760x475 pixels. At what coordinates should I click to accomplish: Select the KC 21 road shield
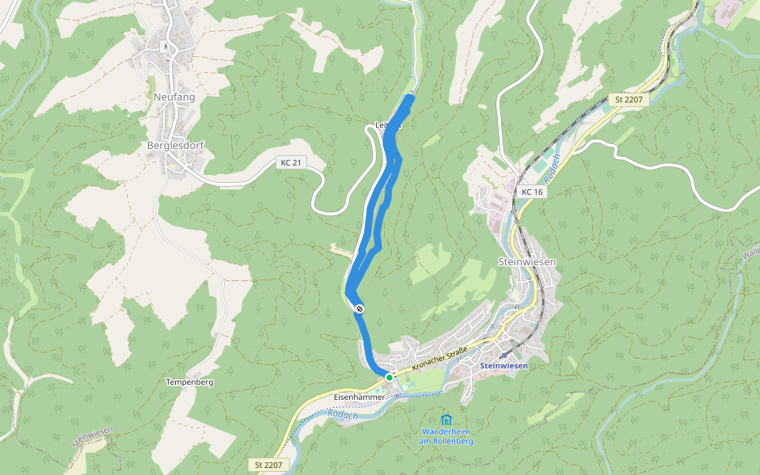coord(291,162)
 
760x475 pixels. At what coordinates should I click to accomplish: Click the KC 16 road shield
coord(532,192)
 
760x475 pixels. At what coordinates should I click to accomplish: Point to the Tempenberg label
coord(190,382)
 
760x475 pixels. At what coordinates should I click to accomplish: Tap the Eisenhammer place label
coord(359,396)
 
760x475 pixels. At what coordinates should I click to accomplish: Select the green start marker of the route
coord(389,378)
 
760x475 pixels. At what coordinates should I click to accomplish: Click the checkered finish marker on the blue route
coord(359,308)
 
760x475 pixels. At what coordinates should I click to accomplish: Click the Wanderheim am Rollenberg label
coord(446,436)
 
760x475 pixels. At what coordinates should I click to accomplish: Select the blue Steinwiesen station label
coord(503,366)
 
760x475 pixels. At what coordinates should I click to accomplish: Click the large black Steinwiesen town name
coord(526,261)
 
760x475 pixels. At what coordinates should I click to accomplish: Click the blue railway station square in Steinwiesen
coord(503,355)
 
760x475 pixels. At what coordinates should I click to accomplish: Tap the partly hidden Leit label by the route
coord(382,125)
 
